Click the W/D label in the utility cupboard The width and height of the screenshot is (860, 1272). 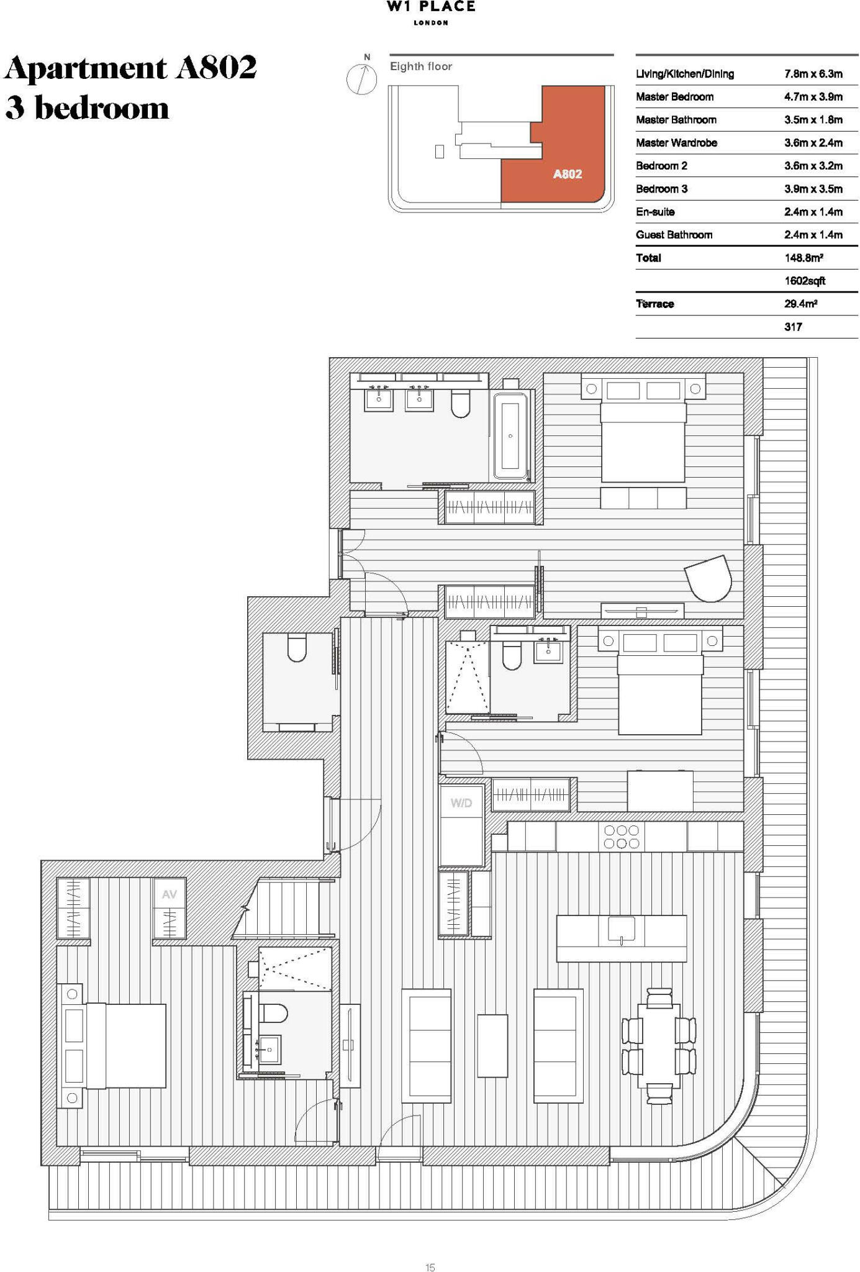[461, 803]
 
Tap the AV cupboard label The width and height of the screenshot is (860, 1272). [169, 894]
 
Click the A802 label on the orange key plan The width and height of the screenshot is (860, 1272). [568, 175]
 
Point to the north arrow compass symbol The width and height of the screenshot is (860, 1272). [361, 78]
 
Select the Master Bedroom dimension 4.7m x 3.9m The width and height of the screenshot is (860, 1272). [813, 97]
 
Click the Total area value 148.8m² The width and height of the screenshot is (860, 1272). [803, 258]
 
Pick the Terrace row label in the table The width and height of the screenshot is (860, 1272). [655, 304]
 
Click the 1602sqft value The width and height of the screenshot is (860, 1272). [805, 281]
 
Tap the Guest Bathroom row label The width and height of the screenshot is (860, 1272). [674, 235]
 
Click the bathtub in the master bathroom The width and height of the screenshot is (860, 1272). [510, 435]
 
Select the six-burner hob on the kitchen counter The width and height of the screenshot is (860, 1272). [622, 836]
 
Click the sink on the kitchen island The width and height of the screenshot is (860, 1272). [622, 930]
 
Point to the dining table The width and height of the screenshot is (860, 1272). [659, 1046]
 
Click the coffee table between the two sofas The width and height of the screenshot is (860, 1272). [492, 1046]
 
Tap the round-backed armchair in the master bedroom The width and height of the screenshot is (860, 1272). [709, 578]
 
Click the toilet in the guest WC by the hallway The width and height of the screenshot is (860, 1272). [297, 648]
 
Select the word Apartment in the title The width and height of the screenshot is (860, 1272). [86, 68]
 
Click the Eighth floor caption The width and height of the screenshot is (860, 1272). [421, 66]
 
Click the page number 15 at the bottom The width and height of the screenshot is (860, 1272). [430, 1267]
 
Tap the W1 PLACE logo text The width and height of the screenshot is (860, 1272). [431, 7]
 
